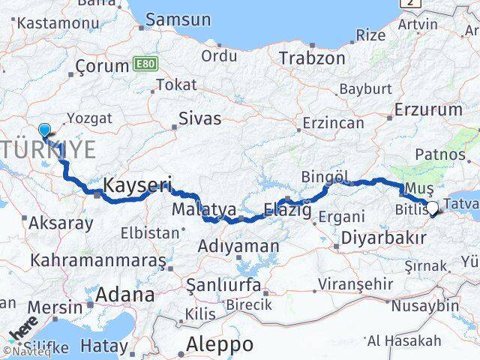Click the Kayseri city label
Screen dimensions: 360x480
[138, 184]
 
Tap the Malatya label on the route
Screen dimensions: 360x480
[193, 208]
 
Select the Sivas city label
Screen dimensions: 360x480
[200, 118]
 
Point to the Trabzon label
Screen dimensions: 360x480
[312, 58]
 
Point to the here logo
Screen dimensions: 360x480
[23, 330]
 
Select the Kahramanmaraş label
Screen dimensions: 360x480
[97, 261]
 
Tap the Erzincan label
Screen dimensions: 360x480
[333, 123]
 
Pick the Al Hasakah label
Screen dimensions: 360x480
[403, 341]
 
